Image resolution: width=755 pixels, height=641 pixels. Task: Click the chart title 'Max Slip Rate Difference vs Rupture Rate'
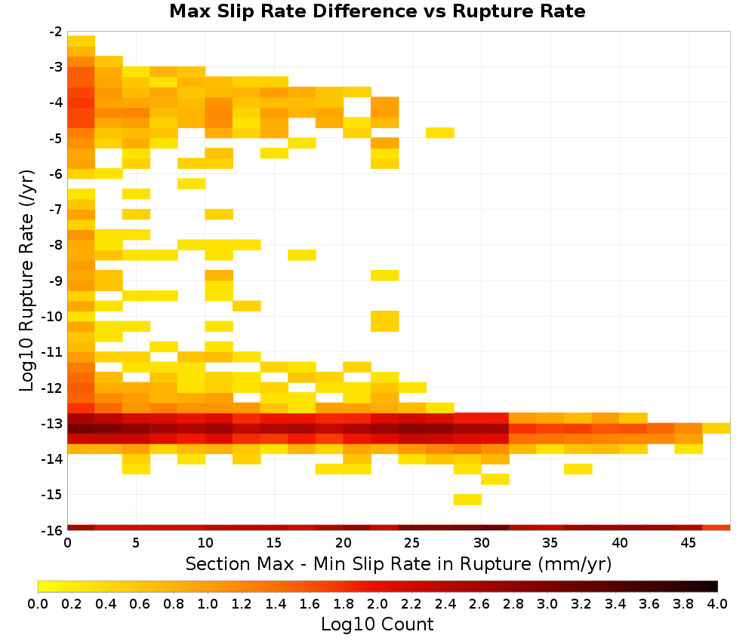(377, 11)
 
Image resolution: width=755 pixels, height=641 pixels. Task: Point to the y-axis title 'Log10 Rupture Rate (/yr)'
(26, 281)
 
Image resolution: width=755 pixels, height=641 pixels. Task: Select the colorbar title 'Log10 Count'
(377, 624)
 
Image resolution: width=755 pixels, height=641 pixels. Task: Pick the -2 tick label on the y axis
(56, 32)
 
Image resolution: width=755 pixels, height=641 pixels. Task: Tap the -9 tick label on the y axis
(56, 281)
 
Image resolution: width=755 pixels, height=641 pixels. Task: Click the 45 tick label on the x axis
(688, 543)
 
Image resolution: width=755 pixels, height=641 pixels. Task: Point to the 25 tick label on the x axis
(411, 543)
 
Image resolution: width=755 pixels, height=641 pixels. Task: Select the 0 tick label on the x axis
(67, 543)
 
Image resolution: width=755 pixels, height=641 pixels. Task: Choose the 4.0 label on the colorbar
(717, 603)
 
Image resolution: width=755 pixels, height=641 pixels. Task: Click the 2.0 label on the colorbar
(377, 603)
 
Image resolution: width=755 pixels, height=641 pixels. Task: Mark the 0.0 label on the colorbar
(38, 603)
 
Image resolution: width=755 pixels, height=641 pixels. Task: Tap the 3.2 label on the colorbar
(581, 603)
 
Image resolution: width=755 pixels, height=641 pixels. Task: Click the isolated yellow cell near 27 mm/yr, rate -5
(440, 133)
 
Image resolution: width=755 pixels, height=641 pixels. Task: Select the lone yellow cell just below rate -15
(467, 500)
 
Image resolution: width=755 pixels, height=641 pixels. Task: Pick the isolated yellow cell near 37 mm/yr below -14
(578, 469)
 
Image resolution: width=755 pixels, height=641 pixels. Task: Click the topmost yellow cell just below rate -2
(82, 41)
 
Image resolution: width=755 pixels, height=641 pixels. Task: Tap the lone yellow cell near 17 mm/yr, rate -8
(302, 255)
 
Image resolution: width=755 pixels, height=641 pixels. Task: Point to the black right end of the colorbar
(714, 586)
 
